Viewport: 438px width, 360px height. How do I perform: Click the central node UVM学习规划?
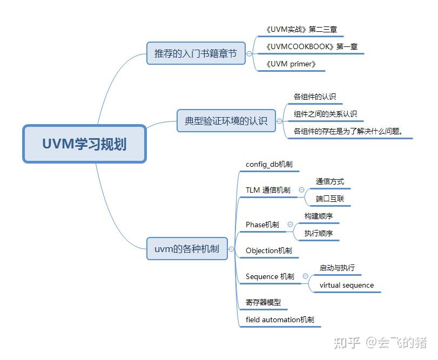click(84, 144)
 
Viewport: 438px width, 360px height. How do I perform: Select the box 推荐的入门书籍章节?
click(196, 53)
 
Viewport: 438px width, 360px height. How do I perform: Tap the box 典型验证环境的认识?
click(226, 121)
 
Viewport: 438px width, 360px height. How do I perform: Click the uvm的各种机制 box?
click(187, 249)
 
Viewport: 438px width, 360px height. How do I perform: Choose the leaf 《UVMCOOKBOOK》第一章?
click(311, 47)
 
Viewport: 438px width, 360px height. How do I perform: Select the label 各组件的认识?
click(315, 97)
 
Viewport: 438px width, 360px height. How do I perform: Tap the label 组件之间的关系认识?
click(325, 114)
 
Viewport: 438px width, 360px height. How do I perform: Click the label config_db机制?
click(269, 164)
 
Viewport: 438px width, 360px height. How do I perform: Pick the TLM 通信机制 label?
click(268, 190)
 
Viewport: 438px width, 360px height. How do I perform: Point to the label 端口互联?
click(330, 199)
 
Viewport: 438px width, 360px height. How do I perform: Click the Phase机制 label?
click(262, 225)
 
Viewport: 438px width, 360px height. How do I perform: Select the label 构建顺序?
click(319, 216)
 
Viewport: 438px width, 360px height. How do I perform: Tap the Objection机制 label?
click(268, 250)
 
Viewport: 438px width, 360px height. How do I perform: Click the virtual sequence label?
click(346, 285)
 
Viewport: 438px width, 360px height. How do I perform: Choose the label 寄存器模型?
click(263, 302)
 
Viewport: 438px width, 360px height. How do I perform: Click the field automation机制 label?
click(279, 320)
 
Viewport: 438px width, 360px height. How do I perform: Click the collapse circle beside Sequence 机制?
click(305, 276)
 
